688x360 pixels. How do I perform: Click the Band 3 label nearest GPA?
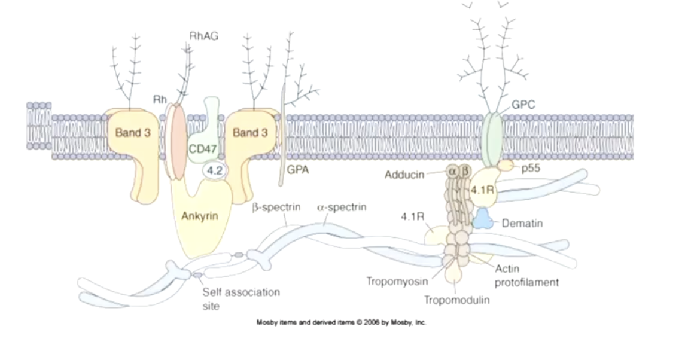click(249, 133)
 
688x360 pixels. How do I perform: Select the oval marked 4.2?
click(213, 171)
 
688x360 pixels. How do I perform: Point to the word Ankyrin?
click(199, 216)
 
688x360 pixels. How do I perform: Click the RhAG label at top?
click(203, 36)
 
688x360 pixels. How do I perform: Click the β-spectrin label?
click(276, 208)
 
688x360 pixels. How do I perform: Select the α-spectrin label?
click(341, 208)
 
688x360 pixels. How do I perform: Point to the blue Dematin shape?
click(483, 220)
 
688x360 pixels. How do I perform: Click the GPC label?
click(523, 105)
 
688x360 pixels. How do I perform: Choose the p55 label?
click(530, 169)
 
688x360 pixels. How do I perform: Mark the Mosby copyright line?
click(341, 322)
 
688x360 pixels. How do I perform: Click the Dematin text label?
click(522, 224)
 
